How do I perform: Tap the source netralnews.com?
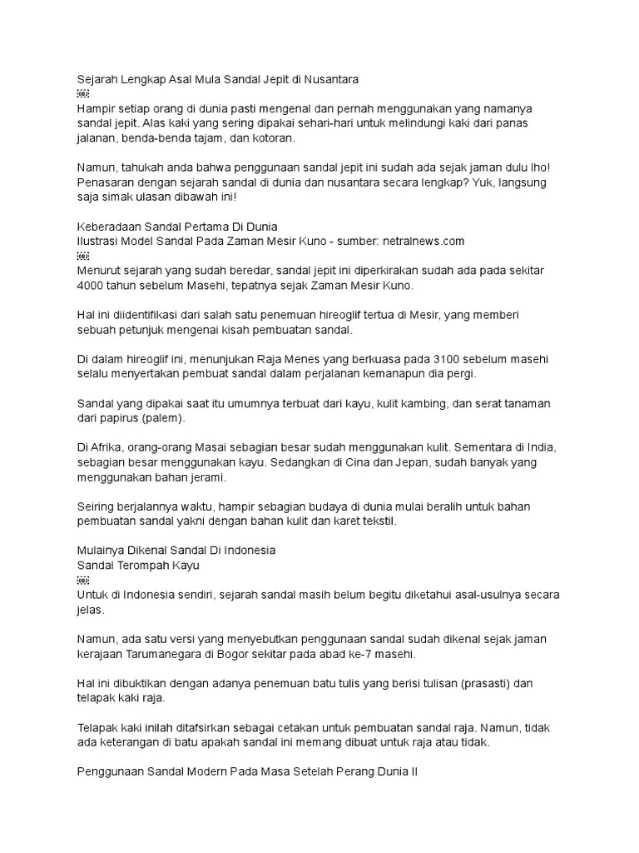422,241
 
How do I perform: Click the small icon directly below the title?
82,95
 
